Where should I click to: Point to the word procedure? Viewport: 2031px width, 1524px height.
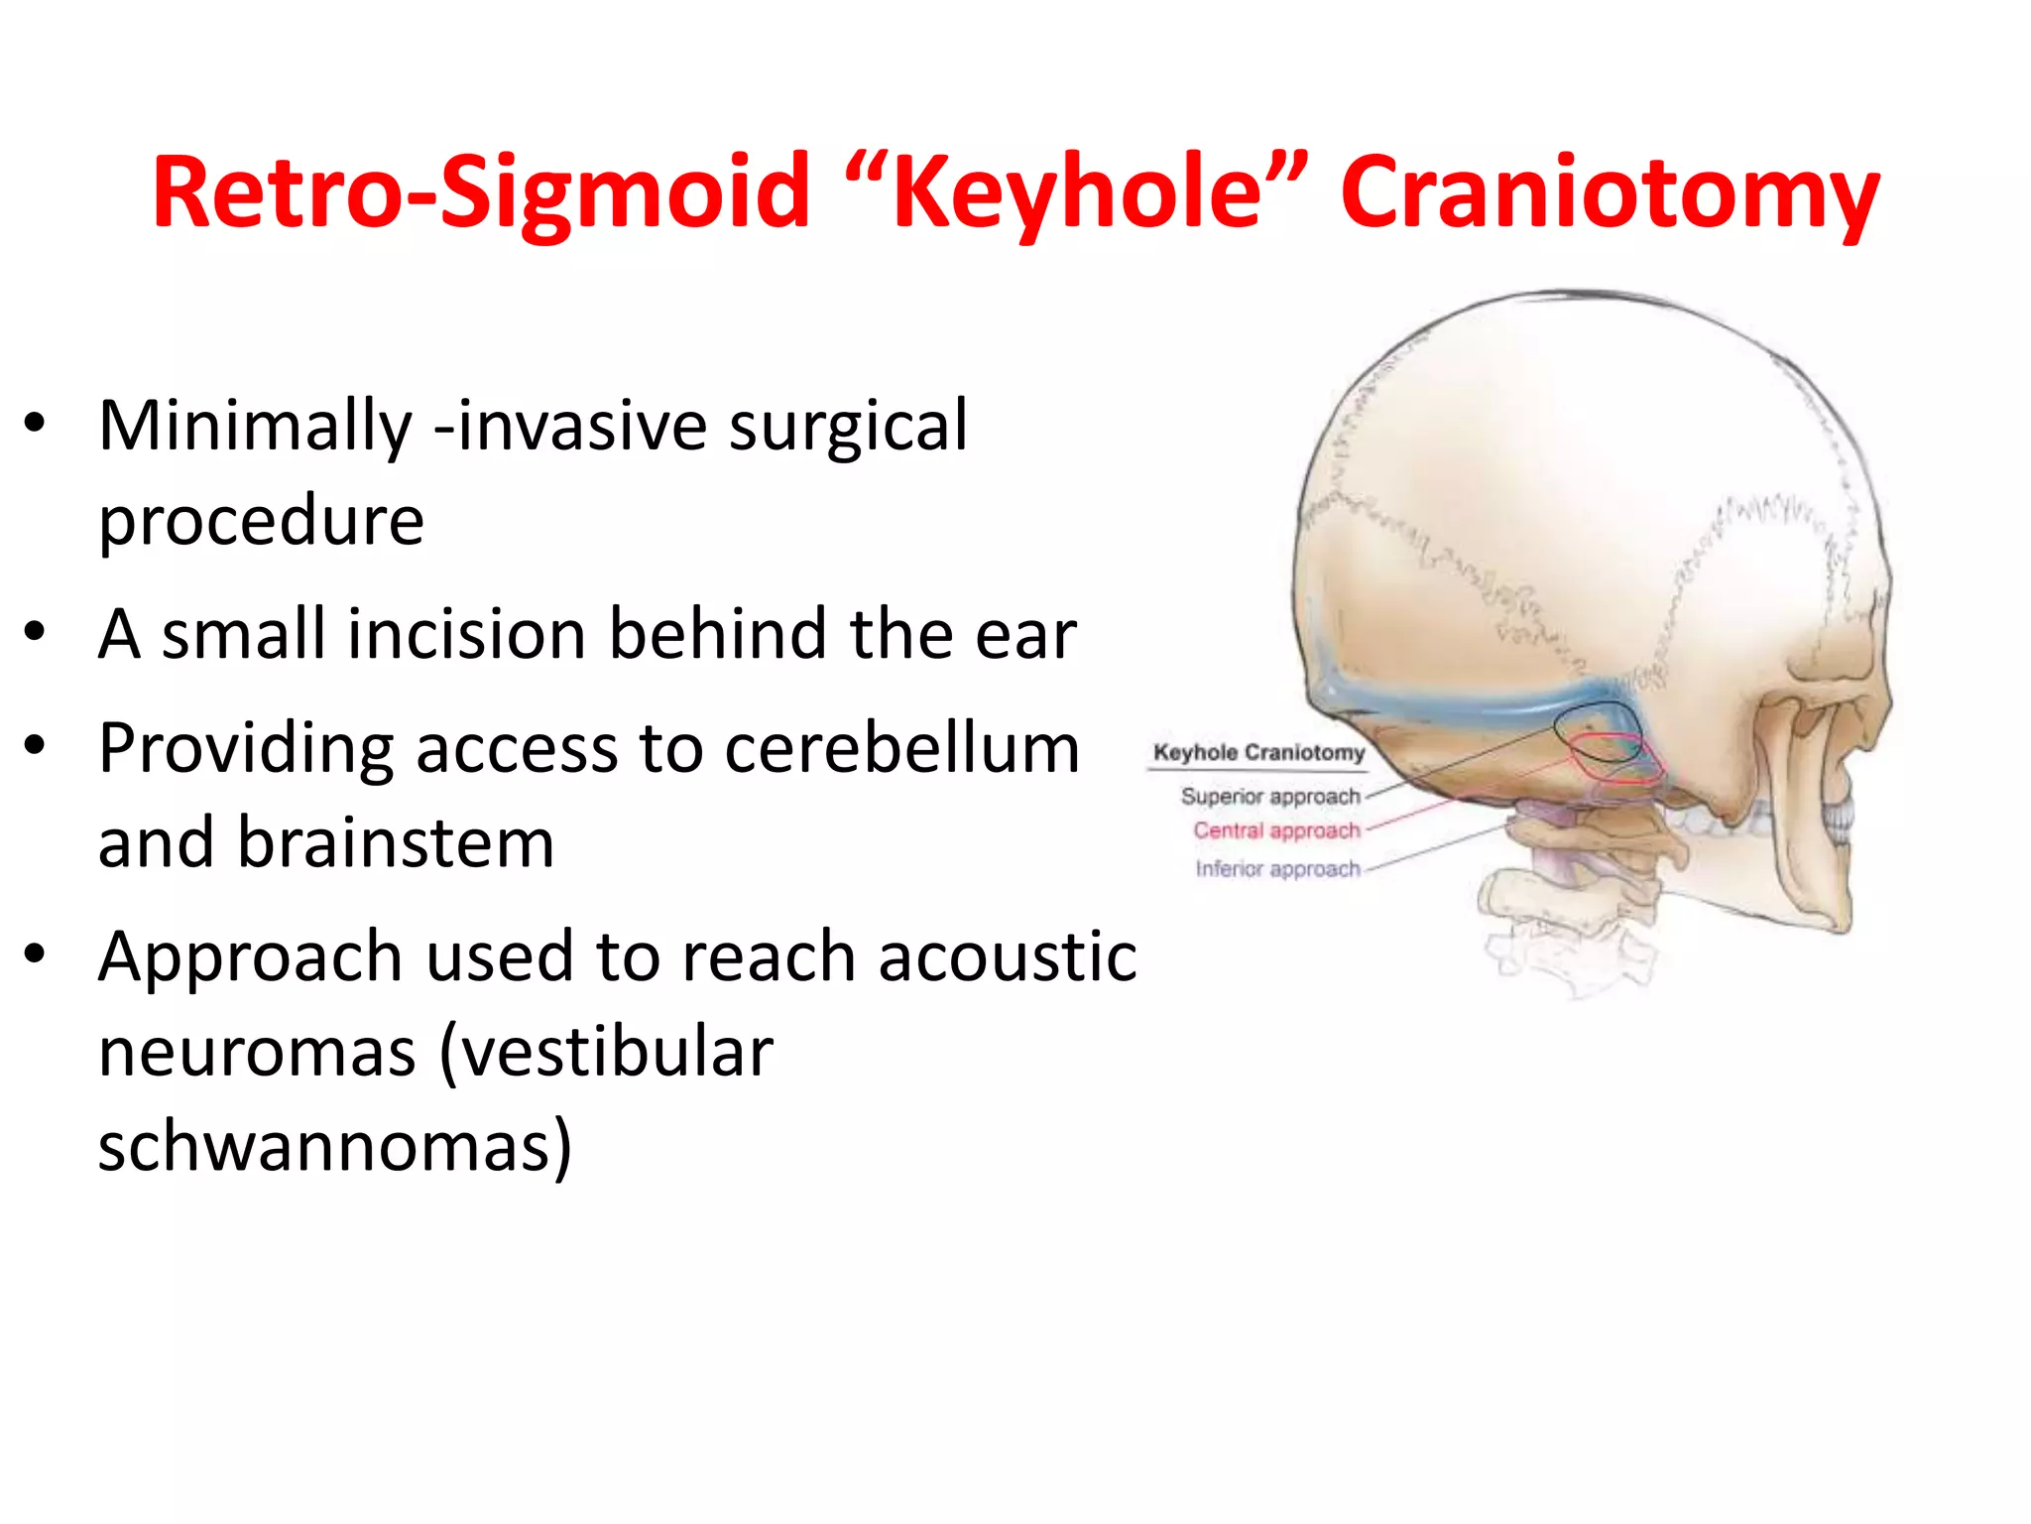pos(261,521)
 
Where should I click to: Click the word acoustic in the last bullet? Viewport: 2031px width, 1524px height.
pos(1007,957)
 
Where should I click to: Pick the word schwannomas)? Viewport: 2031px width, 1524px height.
pos(334,1146)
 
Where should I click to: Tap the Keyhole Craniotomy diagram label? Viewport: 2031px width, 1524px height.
pos(1258,753)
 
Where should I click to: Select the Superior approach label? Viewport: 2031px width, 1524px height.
pos(1269,797)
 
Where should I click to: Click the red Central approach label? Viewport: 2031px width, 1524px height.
pos(1276,830)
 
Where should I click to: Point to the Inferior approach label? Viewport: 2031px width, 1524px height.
pos(1277,869)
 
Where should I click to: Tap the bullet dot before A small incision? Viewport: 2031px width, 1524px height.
pos(36,632)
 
